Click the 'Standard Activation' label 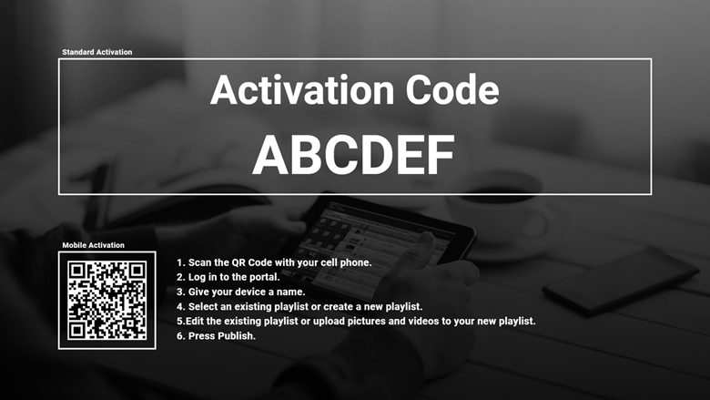pyautogui.click(x=96, y=52)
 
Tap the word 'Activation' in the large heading pyautogui.click(x=302, y=90)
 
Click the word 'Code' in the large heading pyautogui.click(x=451, y=90)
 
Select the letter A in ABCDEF pyautogui.click(x=270, y=155)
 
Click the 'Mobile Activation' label pyautogui.click(x=93, y=245)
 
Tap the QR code pyautogui.click(x=107, y=301)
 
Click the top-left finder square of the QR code pyautogui.click(x=77, y=271)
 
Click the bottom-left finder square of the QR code pyautogui.click(x=77, y=330)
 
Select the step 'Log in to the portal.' pyautogui.click(x=228, y=277)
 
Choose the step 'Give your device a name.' pyautogui.click(x=241, y=292)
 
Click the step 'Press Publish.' pyautogui.click(x=216, y=336)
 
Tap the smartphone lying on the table pyautogui.click(x=621, y=281)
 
